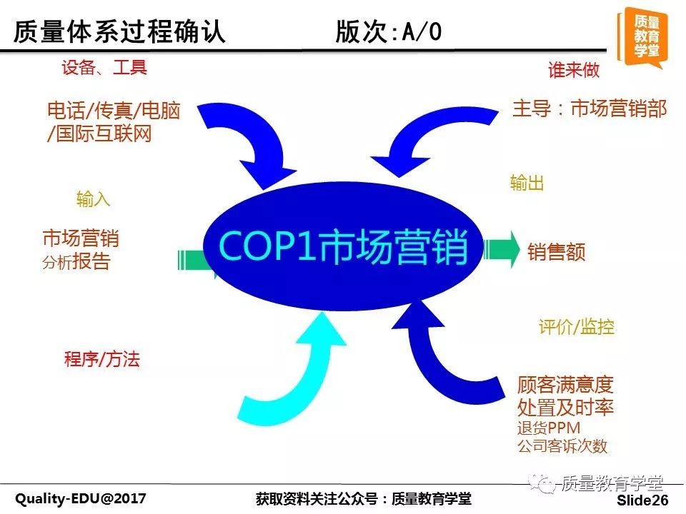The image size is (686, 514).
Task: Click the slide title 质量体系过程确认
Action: click(119, 32)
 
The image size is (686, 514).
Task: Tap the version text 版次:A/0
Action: click(389, 32)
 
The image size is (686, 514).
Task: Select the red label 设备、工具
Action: click(104, 67)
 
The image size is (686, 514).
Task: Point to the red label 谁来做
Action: click(574, 69)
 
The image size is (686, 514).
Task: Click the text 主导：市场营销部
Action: click(590, 109)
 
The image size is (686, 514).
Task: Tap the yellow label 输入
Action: click(93, 199)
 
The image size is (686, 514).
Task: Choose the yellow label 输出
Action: click(527, 183)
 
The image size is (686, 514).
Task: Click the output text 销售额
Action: click(557, 252)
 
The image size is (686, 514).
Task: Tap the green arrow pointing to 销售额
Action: click(502, 250)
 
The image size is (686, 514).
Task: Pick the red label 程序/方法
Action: click(102, 359)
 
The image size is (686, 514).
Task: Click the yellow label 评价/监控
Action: click(577, 326)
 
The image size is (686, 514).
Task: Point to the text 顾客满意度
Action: click(565, 385)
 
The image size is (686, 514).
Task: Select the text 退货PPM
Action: click(549, 428)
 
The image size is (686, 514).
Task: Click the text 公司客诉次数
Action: click(562, 445)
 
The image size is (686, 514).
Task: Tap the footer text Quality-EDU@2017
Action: click(81, 498)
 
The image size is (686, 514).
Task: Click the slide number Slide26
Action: click(642, 500)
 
